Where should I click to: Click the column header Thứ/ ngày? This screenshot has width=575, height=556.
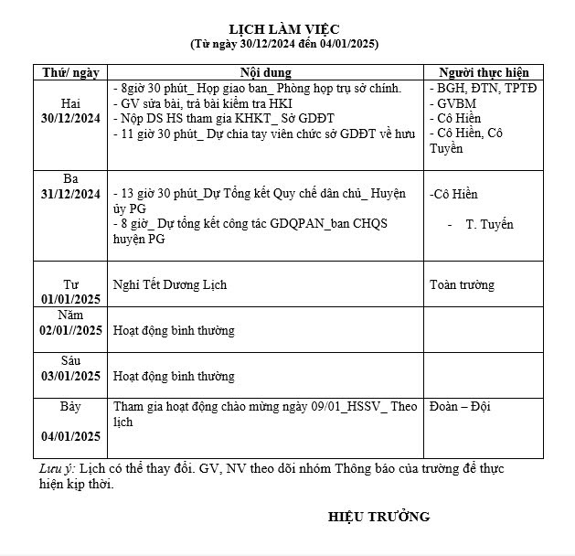coord(70,72)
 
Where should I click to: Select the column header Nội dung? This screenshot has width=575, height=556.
coord(265,72)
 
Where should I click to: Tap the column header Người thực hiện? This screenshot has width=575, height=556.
coord(484,72)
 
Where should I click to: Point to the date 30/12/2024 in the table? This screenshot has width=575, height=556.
coord(70,118)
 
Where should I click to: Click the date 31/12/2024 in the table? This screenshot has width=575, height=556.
coord(70,194)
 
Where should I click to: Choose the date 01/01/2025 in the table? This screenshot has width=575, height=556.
coord(70,299)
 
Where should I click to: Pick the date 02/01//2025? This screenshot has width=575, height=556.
coord(70,330)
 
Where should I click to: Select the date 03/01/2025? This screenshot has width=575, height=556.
coord(70,376)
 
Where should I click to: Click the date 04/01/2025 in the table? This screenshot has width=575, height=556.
coord(70,436)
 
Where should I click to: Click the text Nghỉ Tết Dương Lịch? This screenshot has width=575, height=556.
coord(169,284)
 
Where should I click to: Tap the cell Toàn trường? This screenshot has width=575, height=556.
coord(462,284)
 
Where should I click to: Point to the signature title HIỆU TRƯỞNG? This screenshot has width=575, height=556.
coord(378,517)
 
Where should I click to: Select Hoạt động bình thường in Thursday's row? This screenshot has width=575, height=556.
coord(174,330)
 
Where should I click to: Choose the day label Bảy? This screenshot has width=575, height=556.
coord(70,405)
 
